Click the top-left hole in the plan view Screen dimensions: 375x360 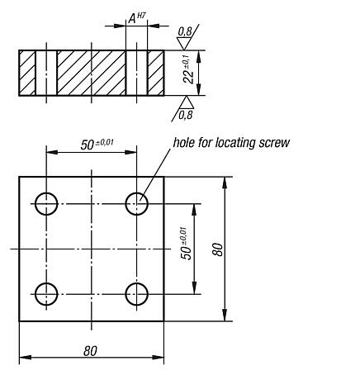(46, 202)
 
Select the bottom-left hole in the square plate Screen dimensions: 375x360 (46, 292)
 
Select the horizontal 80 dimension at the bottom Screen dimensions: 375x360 (90, 350)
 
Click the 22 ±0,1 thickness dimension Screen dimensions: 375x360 (189, 73)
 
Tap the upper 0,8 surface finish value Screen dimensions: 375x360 (185, 31)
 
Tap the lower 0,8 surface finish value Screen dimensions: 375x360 (185, 114)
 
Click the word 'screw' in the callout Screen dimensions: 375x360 (276, 142)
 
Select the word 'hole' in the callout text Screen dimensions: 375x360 (183, 142)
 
